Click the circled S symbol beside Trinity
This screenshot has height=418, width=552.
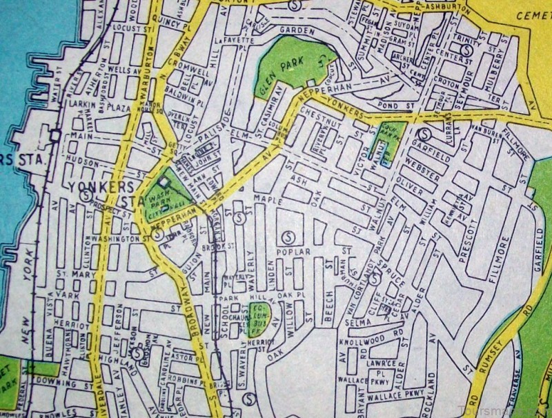click(x=467, y=50)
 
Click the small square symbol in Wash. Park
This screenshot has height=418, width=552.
click(x=164, y=183)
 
